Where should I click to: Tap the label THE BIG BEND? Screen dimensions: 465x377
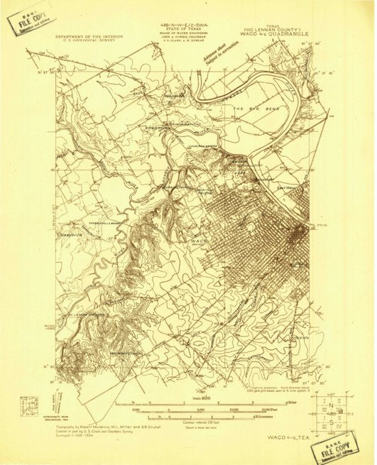point(250,108)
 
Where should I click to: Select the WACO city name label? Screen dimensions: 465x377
point(199,240)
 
